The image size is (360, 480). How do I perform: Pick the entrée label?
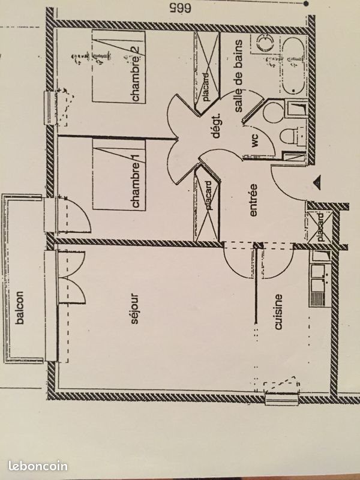click(x=253, y=200)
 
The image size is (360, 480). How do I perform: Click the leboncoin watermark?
click(x=38, y=466)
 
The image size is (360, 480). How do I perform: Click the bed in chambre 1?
click(x=120, y=174)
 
